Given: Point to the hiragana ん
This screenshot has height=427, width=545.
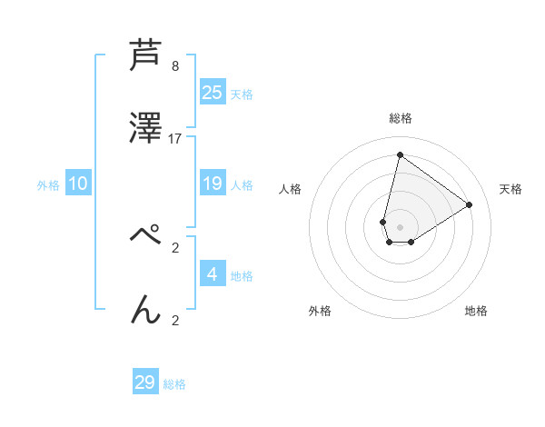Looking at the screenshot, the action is click(x=146, y=309).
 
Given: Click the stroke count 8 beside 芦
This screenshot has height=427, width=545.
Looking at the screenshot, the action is click(x=175, y=66).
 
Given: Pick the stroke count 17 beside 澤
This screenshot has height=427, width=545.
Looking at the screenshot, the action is click(x=175, y=139).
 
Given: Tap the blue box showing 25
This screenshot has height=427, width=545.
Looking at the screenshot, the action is click(x=213, y=93).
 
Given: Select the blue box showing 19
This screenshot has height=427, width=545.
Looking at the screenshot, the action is click(x=213, y=184).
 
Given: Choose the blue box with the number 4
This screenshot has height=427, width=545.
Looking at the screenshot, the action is click(x=213, y=274).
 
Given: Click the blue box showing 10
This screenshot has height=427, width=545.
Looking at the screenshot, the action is click(x=78, y=184).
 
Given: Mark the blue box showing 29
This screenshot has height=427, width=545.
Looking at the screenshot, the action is click(x=145, y=382).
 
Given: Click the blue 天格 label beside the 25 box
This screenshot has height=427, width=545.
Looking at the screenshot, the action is click(x=242, y=94).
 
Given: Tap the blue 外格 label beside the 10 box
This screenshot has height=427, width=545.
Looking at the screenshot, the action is click(x=48, y=185).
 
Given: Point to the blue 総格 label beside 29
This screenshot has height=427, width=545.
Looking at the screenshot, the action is click(x=174, y=384).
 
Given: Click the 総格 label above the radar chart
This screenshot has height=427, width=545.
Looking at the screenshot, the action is click(x=401, y=118).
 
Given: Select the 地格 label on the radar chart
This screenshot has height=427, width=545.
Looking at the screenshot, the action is click(x=476, y=311).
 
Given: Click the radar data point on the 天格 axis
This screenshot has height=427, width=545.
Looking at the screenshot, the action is click(x=470, y=204).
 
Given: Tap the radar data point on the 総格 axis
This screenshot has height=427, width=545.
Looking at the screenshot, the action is click(x=400, y=154).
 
